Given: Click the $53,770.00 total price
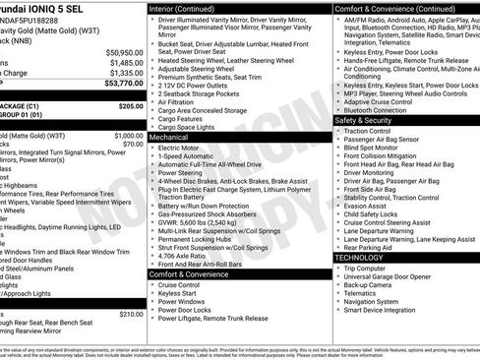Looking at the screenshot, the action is [120, 86].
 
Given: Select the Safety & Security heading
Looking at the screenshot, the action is [369, 119].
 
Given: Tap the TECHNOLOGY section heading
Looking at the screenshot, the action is [365, 257].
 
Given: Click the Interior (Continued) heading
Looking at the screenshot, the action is [189, 8].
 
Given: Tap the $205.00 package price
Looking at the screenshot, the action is [131, 105].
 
